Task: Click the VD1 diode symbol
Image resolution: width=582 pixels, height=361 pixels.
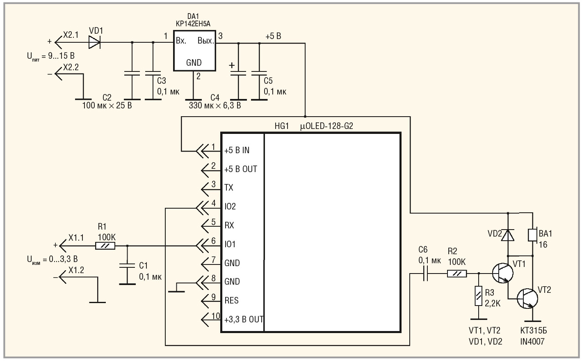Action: pyautogui.click(x=95, y=42)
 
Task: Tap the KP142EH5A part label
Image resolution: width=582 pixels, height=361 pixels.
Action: pyautogui.click(x=193, y=24)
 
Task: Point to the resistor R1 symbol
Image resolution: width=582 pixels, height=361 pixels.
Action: pyautogui.click(x=105, y=246)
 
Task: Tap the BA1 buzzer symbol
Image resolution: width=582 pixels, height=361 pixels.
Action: pyautogui.click(x=532, y=235)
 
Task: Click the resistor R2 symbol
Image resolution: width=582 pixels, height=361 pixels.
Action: pyautogui.click(x=457, y=273)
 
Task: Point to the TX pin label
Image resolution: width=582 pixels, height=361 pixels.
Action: pyautogui.click(x=229, y=188)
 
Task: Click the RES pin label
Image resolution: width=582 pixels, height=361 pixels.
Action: pyautogui.click(x=231, y=301)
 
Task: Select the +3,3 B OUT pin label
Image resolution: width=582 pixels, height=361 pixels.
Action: pyautogui.click(x=244, y=320)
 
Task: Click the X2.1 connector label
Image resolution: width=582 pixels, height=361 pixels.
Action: pyautogui.click(x=71, y=35)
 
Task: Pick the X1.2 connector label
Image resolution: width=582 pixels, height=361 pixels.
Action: pyautogui.click(x=76, y=270)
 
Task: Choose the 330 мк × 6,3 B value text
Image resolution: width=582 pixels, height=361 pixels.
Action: pyautogui.click(x=215, y=106)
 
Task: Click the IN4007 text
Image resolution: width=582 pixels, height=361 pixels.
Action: pyautogui.click(x=532, y=341)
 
